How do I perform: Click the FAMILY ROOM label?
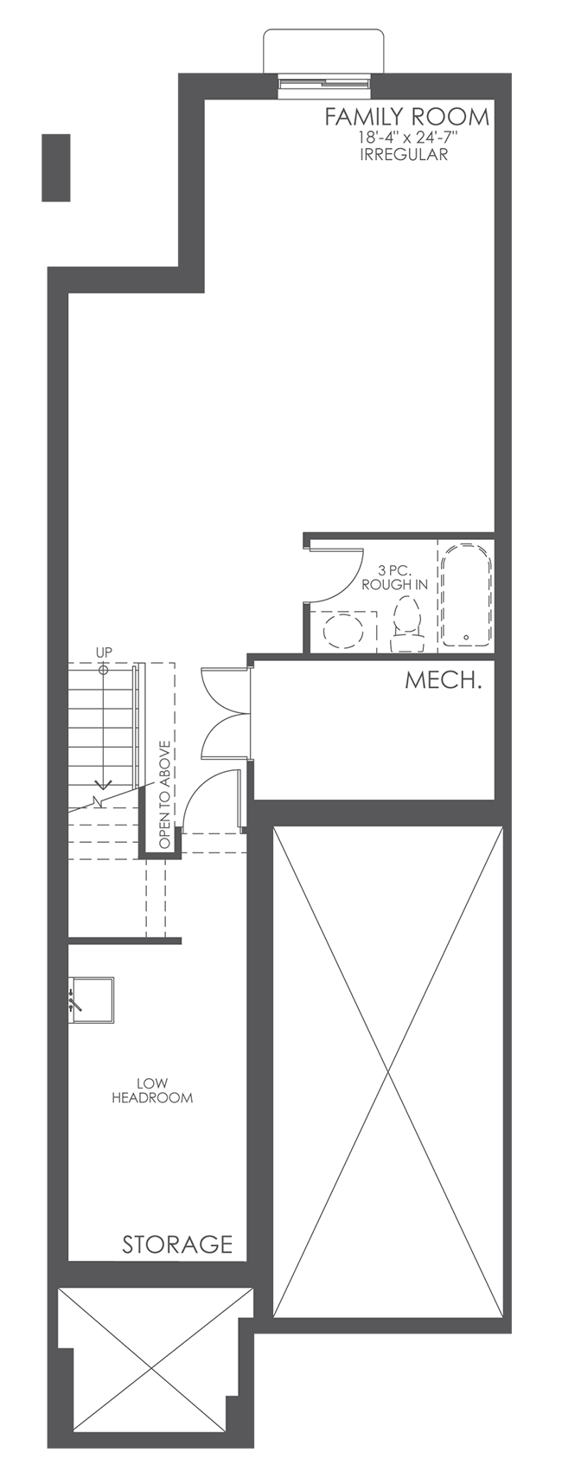406,117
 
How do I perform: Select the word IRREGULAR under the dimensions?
404,156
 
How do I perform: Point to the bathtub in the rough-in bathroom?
466,595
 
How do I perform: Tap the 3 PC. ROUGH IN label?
394,577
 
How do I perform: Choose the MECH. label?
444,680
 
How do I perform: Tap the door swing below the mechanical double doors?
208,796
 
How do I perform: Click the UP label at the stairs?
104,652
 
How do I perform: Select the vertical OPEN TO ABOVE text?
164,794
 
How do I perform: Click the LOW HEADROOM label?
152,1090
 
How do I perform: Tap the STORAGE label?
177,1244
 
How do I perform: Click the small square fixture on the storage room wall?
92,1000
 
